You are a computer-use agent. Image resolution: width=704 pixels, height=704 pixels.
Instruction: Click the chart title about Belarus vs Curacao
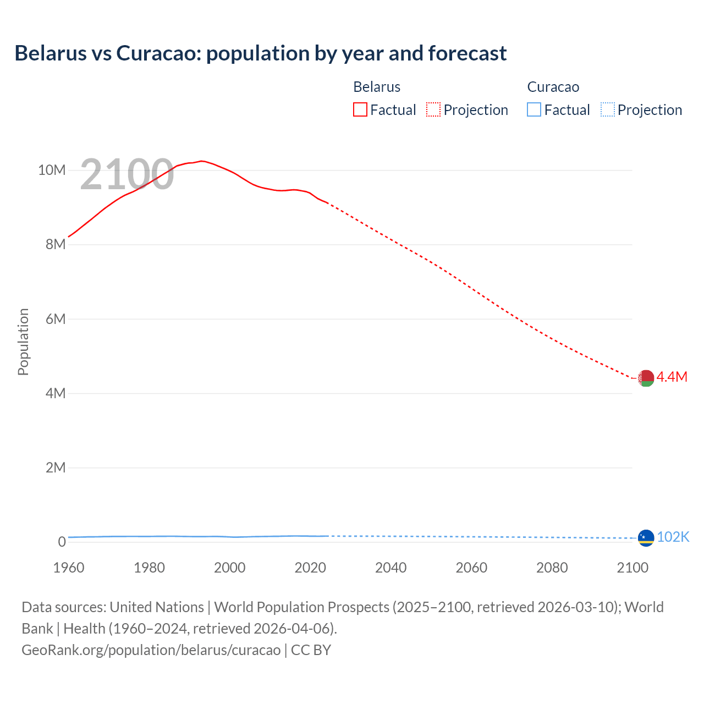pos(261,53)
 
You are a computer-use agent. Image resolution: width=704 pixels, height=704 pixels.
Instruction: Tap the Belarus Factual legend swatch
pos(360,110)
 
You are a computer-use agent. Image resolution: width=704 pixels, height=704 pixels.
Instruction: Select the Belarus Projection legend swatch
pos(433,110)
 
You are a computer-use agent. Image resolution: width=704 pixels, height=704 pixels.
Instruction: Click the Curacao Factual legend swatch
pos(534,110)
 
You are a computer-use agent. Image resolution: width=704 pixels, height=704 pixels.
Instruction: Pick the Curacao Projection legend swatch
pos(608,110)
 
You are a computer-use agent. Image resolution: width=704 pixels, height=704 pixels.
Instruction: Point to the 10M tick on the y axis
pos(52,170)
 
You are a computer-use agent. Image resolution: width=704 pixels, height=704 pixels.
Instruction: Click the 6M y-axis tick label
pos(56,319)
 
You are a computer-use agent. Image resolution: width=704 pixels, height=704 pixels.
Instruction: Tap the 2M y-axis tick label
pos(56,468)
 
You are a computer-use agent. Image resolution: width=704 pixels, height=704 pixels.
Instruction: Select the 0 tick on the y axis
pos(62,542)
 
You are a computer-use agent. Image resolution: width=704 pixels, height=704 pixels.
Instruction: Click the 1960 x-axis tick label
pos(69,568)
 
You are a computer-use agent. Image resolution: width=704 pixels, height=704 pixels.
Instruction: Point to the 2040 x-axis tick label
pos(391,568)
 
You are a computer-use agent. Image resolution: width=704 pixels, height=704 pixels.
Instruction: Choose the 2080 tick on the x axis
pos(552,568)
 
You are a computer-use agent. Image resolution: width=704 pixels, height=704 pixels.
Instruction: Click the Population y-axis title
pos(23,342)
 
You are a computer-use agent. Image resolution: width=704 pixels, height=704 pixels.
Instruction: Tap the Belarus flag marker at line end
pos(646,378)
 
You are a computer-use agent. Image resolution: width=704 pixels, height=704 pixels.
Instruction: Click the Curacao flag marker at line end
pos(646,537)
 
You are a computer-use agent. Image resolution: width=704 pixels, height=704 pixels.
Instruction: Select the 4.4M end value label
pos(672,377)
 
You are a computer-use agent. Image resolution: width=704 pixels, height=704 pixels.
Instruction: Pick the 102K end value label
pos(673,537)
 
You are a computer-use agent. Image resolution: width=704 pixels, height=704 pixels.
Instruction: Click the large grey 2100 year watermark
pos(127,175)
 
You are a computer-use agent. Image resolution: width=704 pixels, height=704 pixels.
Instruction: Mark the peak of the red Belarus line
pos(202,161)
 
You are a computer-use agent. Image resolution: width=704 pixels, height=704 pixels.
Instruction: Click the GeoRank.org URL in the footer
pos(151,650)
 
